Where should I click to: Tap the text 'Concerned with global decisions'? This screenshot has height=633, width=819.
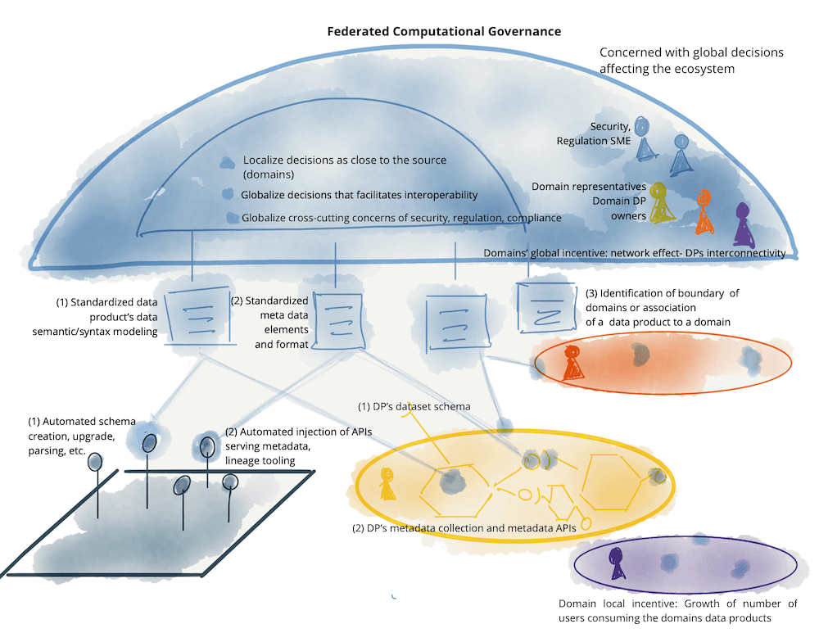click(691, 52)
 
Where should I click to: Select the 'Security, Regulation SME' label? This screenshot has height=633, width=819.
click(593, 133)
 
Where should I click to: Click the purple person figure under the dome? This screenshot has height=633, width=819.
click(744, 225)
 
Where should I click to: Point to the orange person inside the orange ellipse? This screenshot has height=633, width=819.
click(572, 363)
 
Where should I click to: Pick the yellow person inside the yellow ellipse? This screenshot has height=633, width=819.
click(387, 483)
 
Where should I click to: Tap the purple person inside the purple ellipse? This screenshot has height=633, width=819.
click(617, 563)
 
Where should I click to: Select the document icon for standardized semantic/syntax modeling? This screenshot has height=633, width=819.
click(198, 316)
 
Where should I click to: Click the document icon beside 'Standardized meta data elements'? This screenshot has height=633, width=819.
click(338, 321)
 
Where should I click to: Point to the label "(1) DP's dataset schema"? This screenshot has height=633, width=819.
click(414, 406)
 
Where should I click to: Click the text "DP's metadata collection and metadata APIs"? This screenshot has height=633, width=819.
click(471, 528)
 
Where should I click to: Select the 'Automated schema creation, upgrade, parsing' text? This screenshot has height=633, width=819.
click(82, 436)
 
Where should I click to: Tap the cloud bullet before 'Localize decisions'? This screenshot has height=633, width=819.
click(227, 163)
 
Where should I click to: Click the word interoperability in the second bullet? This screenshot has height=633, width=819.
click(435, 195)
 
